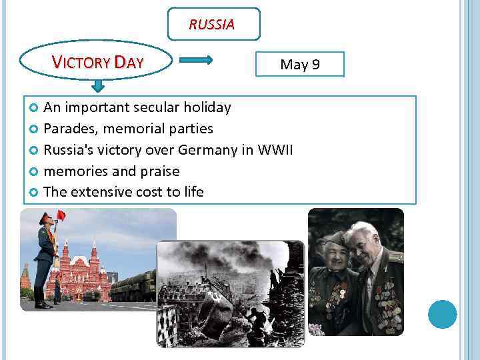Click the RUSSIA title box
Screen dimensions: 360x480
coord(213,25)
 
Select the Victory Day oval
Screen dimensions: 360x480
coord(98,63)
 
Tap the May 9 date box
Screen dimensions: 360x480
coord(300,65)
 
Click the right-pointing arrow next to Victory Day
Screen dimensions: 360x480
coord(196,60)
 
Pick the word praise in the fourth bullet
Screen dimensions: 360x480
coord(160,171)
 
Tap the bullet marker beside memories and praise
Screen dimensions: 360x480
coord(35,171)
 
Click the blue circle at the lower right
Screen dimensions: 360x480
coord(442,314)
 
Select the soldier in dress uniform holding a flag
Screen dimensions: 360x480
coord(45,260)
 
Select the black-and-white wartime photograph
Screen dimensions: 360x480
coord(230,293)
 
